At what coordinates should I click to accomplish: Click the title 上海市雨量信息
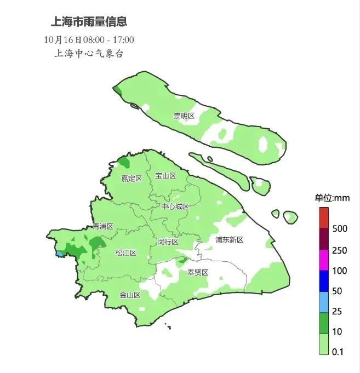(89, 22)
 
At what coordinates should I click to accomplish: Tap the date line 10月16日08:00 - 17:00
(89, 39)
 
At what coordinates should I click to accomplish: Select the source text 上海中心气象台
(89, 54)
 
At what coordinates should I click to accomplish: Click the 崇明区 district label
(184, 116)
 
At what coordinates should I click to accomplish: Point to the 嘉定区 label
(132, 179)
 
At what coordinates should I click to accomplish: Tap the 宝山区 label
(165, 176)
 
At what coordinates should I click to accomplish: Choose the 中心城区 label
(175, 206)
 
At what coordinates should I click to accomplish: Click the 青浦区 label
(102, 226)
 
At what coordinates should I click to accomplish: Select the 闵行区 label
(168, 242)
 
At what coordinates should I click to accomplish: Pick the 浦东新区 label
(229, 239)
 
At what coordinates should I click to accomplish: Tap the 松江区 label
(125, 253)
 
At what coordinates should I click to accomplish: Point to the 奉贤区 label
(198, 272)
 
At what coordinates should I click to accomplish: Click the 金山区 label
(130, 295)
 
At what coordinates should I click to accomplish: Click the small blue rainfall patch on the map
(59, 254)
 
